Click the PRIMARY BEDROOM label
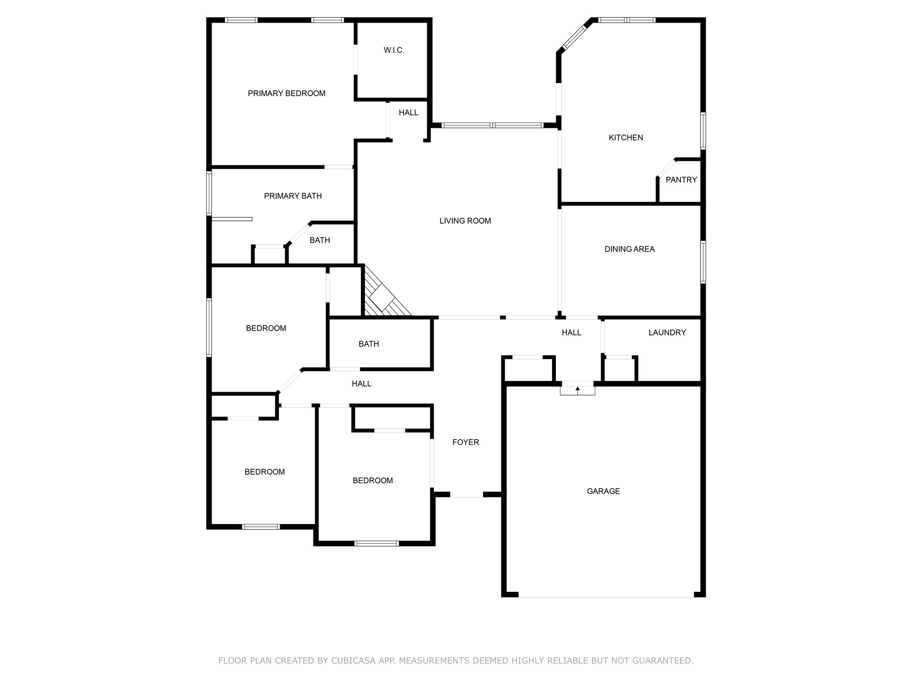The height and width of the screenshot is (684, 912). [x=286, y=94]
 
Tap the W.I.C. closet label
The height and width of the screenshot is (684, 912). [x=394, y=50]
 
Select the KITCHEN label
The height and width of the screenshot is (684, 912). [x=626, y=138]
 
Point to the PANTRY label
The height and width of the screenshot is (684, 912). [x=681, y=180]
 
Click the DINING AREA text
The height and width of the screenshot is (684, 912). [x=629, y=249]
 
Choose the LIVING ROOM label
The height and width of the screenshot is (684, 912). [x=465, y=221]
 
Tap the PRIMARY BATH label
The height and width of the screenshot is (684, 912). [x=293, y=196]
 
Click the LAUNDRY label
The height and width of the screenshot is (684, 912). [x=667, y=333]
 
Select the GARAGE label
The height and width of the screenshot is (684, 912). [x=603, y=491]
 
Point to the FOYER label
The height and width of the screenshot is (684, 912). [x=465, y=442]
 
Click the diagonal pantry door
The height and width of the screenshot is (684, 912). [x=666, y=168]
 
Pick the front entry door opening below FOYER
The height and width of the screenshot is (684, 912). [x=466, y=495]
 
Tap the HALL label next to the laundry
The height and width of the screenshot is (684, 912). [x=571, y=333]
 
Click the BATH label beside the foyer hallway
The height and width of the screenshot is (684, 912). [x=369, y=344]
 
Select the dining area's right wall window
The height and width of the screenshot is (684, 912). [x=703, y=262]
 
